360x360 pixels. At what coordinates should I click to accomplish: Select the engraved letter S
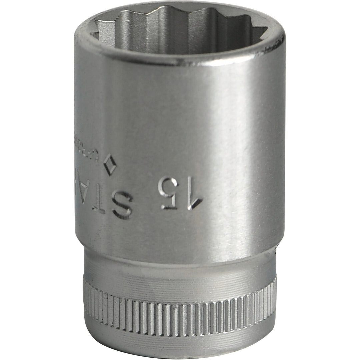[122, 204]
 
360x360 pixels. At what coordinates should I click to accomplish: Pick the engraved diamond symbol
[109, 164]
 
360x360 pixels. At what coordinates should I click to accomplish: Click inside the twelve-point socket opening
[177, 32]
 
